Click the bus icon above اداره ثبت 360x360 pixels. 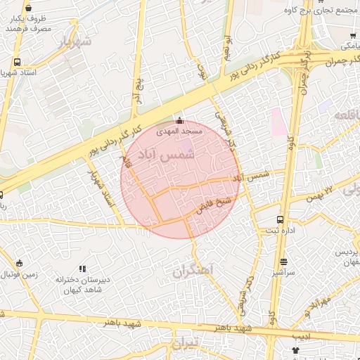click(281, 220)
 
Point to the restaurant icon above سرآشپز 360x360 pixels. click(285, 262)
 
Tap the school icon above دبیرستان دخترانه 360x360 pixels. click(82, 269)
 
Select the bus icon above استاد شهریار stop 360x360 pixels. click(17, 61)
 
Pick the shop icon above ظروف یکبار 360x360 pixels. click(28, 8)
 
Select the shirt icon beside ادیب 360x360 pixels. click(295, 349)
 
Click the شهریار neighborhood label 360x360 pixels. click(76, 42)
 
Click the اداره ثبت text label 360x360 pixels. click(274, 231)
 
